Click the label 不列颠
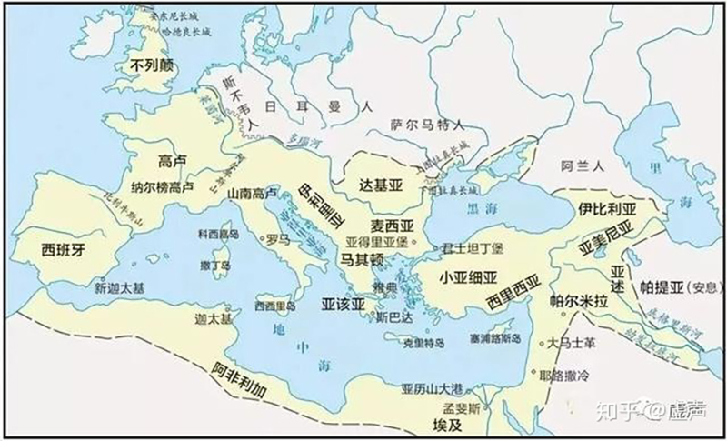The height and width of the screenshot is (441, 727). click(151, 65)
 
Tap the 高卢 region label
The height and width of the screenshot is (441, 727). click(172, 160)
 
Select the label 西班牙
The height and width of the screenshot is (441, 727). click(64, 250)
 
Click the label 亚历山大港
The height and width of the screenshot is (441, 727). click(432, 388)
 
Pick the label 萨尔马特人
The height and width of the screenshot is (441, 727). click(428, 125)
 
